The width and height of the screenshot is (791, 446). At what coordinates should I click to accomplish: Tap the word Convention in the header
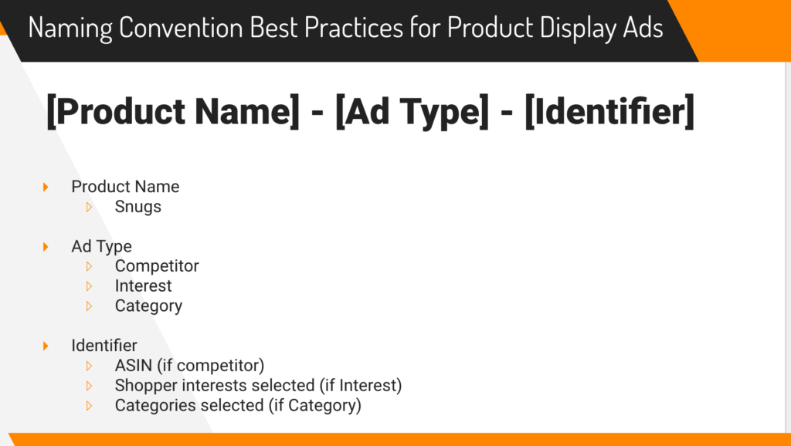[x=181, y=27]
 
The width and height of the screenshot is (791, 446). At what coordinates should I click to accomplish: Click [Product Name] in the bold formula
[x=172, y=111]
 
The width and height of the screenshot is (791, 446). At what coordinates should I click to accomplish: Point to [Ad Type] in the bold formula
[x=412, y=111]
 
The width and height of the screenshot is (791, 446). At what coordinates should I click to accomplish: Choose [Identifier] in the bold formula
[x=609, y=111]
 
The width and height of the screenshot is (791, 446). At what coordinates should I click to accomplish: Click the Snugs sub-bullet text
[x=137, y=207]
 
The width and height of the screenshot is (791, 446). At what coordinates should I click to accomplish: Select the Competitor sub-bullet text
[x=157, y=266]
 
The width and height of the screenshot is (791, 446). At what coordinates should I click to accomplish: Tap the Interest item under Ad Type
[x=143, y=286]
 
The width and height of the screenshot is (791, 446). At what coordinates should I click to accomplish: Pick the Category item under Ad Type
[x=148, y=306]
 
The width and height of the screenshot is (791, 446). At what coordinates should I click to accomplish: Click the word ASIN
[x=133, y=366]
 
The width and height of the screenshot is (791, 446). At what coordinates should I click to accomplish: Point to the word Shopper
[x=146, y=386]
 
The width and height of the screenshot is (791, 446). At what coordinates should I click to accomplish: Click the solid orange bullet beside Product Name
[x=46, y=187]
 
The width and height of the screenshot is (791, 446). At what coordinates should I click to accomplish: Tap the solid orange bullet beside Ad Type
[x=46, y=246]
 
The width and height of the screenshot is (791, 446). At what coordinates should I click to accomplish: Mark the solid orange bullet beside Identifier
[x=46, y=346]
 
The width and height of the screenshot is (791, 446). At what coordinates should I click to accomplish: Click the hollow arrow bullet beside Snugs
[x=90, y=207]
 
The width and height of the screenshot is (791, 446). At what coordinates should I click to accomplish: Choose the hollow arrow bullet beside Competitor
[x=90, y=266]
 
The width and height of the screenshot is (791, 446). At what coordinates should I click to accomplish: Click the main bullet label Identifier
[x=104, y=346]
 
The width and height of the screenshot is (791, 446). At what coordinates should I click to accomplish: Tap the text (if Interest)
[x=361, y=386]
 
